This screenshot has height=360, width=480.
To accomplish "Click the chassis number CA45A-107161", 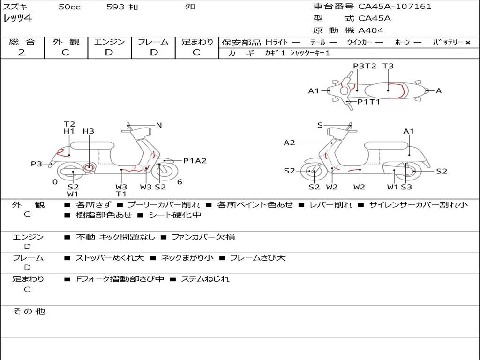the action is (395, 7).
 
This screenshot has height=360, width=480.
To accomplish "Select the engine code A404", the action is (371, 30).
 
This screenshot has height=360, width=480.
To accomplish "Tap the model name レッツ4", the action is (17, 18).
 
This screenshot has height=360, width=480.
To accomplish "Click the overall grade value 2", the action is (22, 52).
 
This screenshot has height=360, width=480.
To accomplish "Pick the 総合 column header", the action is (22, 42).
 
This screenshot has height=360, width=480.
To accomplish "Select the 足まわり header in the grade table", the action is (197, 42).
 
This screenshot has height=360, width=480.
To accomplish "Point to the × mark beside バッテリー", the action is (468, 43).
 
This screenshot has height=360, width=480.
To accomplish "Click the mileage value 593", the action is (115, 7).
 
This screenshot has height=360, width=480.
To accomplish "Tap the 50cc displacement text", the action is (69, 7).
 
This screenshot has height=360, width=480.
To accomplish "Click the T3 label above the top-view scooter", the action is (388, 66).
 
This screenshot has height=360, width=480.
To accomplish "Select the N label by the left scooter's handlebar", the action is (159, 125).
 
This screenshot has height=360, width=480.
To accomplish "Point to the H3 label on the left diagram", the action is (89, 131).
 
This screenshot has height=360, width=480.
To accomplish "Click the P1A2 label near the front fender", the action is (195, 160).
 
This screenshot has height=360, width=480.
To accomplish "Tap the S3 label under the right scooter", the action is (406, 187).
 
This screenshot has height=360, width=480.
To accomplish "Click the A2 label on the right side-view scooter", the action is (289, 142).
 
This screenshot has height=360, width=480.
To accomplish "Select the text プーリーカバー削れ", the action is (164, 204).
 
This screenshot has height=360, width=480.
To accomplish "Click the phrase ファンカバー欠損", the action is (203, 237).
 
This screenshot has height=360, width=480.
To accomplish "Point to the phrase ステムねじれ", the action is (205, 279).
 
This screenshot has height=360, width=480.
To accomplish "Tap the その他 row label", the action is (29, 311).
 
